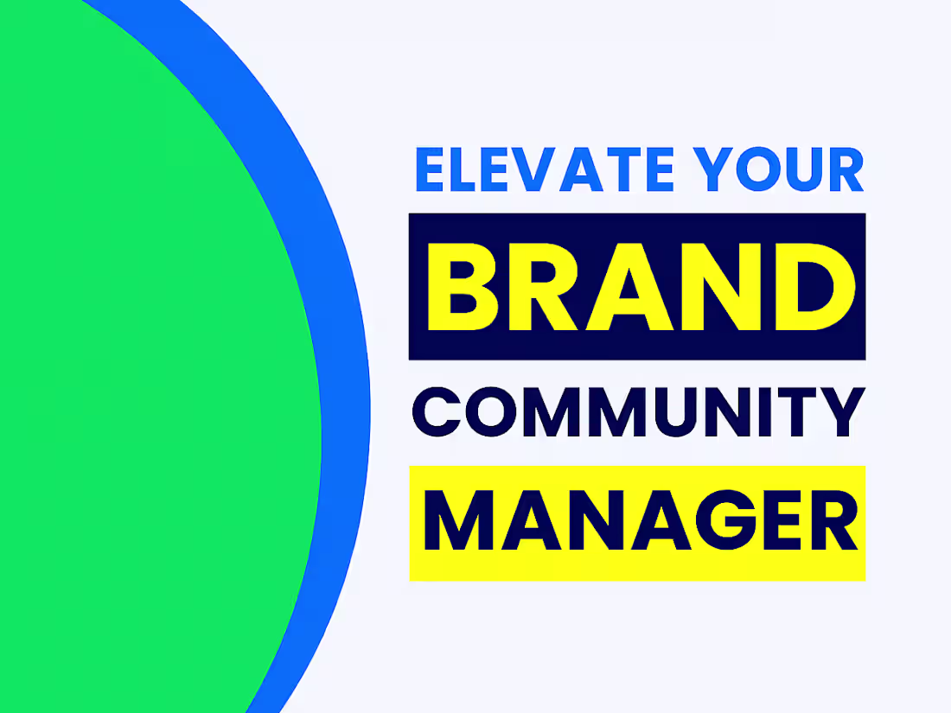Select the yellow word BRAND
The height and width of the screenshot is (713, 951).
(637, 286)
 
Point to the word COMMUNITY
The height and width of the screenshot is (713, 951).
(637, 412)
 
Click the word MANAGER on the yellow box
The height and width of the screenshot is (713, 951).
(637, 523)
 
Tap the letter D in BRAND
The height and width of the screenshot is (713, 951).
(811, 286)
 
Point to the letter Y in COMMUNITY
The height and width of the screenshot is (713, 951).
(839, 412)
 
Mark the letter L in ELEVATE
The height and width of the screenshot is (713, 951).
(471, 170)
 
